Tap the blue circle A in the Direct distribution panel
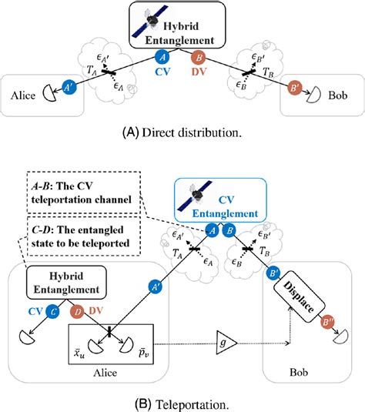tap(161, 57)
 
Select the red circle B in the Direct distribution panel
tap(199, 57)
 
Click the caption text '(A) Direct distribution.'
tap(182, 132)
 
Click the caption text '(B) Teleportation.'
tap(182, 401)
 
